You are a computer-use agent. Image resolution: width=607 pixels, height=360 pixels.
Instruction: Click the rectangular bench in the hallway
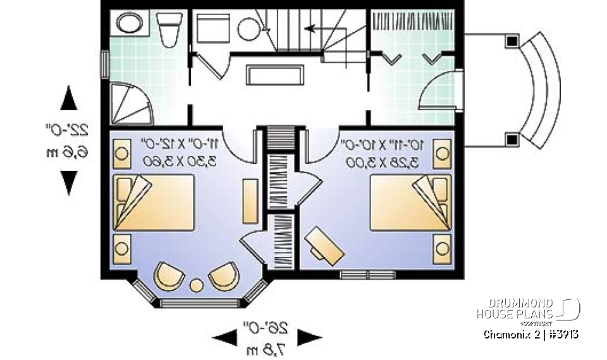click(x=274, y=75)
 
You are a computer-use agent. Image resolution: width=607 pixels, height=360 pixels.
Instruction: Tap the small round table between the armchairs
click(x=197, y=286)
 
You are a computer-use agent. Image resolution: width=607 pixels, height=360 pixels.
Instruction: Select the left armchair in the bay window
click(x=169, y=276)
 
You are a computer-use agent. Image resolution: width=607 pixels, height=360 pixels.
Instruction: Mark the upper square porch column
click(x=511, y=42)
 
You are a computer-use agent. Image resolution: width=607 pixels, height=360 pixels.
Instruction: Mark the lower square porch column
click(x=511, y=139)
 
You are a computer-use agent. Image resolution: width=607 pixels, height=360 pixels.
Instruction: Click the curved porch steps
click(x=541, y=90)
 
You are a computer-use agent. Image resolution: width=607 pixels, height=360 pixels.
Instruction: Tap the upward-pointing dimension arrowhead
click(x=68, y=99)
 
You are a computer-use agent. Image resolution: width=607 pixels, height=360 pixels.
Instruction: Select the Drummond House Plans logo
click(x=527, y=308)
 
